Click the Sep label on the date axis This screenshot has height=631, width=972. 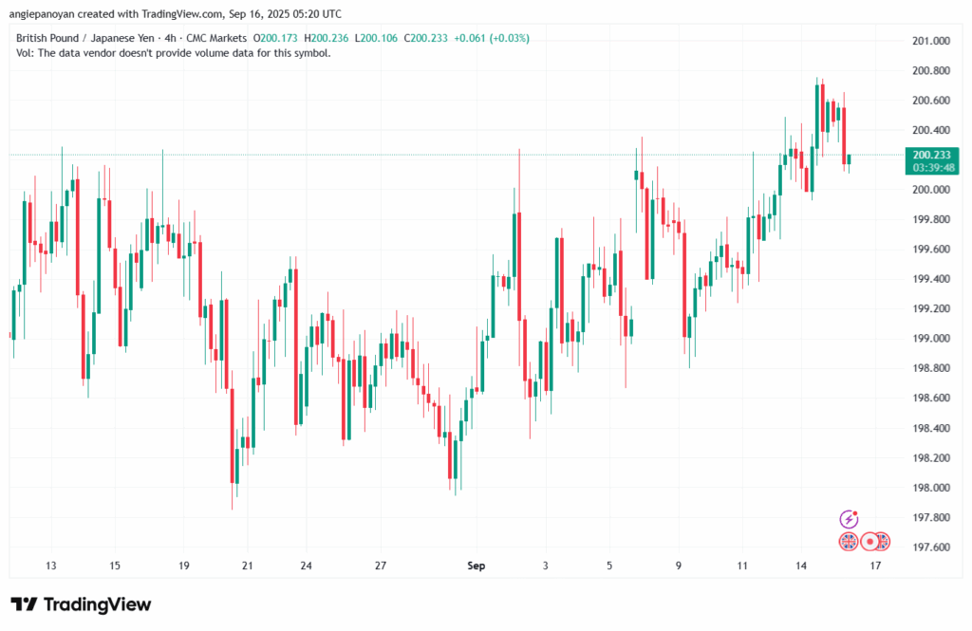coord(477,566)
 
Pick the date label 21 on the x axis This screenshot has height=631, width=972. coord(248,566)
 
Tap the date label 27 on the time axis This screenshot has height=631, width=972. coord(381,566)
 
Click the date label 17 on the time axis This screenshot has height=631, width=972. coord(875,566)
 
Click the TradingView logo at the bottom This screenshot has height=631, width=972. coord(81,604)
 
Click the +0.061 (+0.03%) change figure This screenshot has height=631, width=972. coord(494,38)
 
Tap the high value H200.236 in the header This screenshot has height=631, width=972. coord(328,38)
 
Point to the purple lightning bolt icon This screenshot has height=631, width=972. coord(850,519)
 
